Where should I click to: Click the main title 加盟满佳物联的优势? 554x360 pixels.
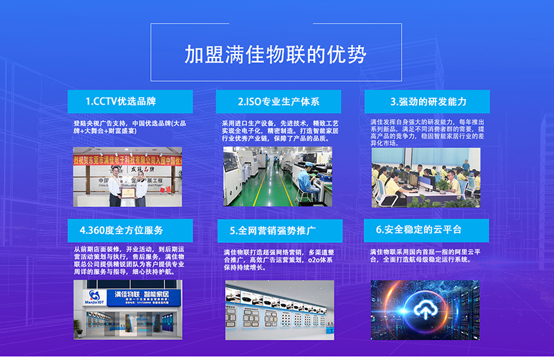[275, 54]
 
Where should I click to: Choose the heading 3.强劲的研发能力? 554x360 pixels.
[428, 102]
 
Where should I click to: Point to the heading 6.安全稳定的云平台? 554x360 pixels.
[428, 230]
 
